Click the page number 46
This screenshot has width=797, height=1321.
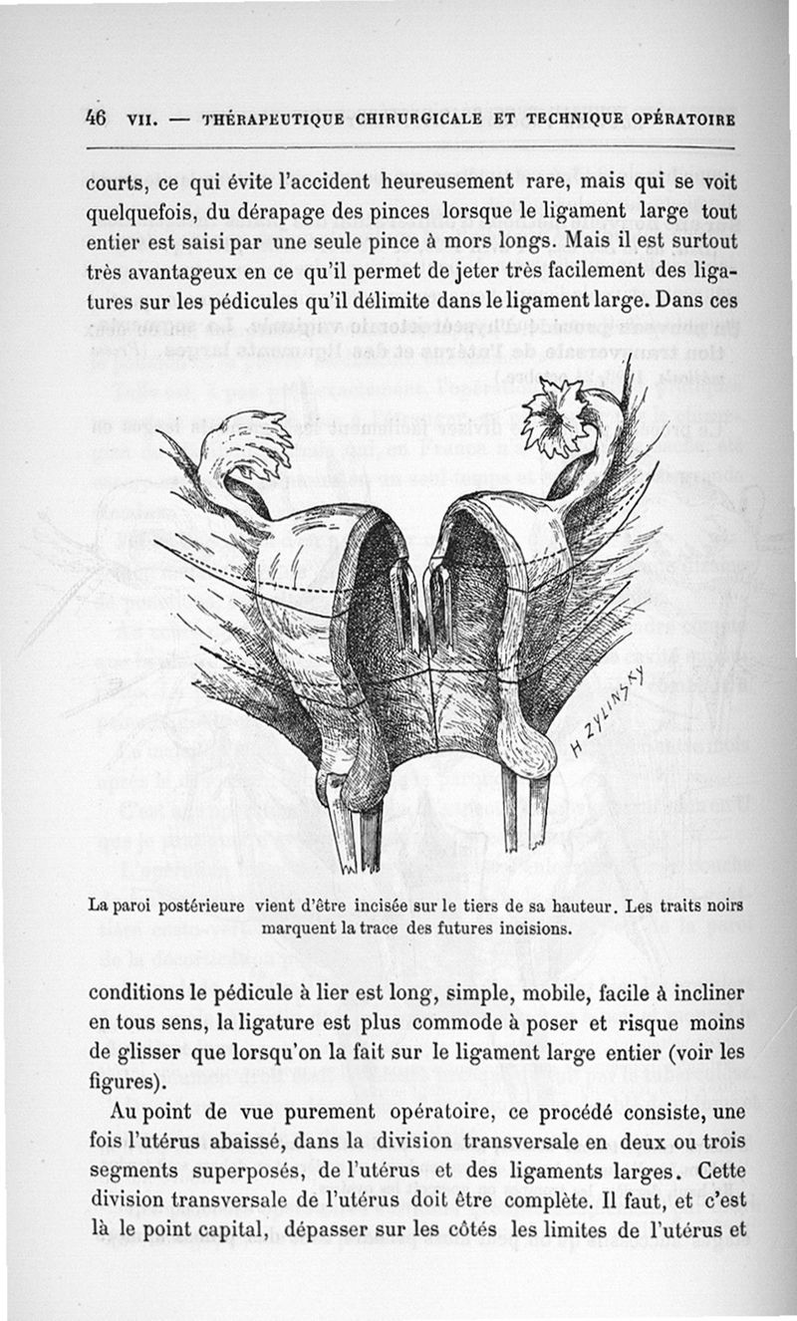pyautogui.click(x=96, y=117)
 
